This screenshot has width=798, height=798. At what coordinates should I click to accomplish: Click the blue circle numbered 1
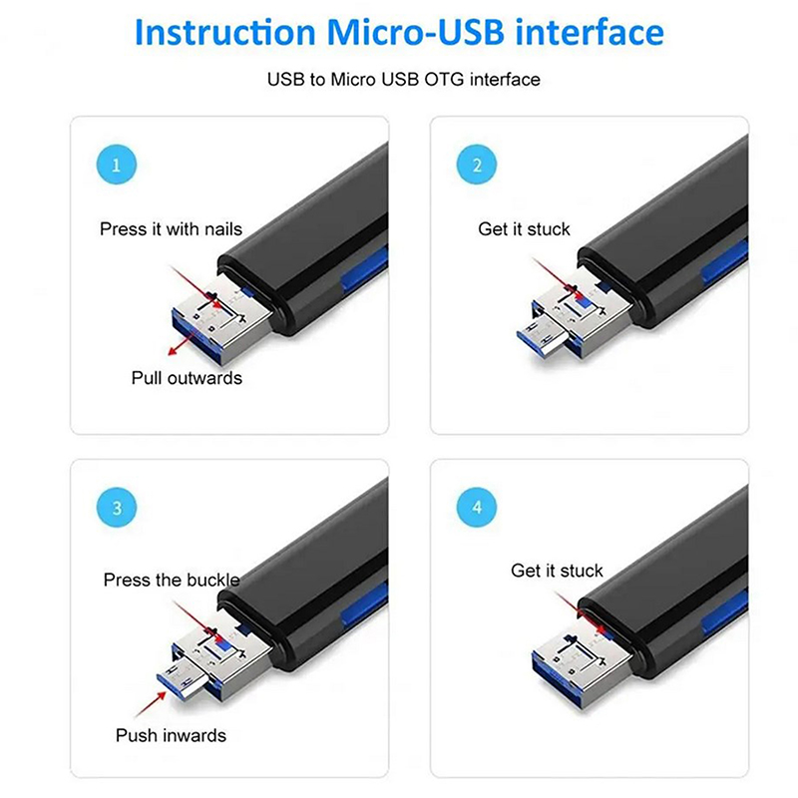point(117,165)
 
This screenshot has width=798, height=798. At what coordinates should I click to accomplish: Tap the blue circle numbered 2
point(477,165)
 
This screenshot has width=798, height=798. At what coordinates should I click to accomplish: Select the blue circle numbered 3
point(117,508)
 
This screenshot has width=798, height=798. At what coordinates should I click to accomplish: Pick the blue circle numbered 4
point(477,508)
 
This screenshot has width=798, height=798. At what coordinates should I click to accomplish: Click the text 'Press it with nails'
point(171,229)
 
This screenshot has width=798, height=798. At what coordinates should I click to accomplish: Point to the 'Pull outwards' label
point(187,378)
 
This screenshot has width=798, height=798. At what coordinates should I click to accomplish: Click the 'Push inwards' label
point(171,735)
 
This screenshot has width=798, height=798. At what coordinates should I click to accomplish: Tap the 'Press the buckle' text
point(172,580)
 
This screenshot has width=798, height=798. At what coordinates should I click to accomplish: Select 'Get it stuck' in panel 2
point(525,229)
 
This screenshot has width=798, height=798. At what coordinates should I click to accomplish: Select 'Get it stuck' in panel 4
point(557,571)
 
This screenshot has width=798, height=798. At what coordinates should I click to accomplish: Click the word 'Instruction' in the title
point(225,32)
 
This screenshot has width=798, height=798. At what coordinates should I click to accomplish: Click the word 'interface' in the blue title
point(590,32)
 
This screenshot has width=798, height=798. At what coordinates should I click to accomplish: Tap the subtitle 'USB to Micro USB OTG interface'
point(404,80)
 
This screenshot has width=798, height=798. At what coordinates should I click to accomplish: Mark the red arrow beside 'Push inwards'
point(151,704)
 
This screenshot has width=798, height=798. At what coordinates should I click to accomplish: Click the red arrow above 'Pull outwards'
point(185,340)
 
